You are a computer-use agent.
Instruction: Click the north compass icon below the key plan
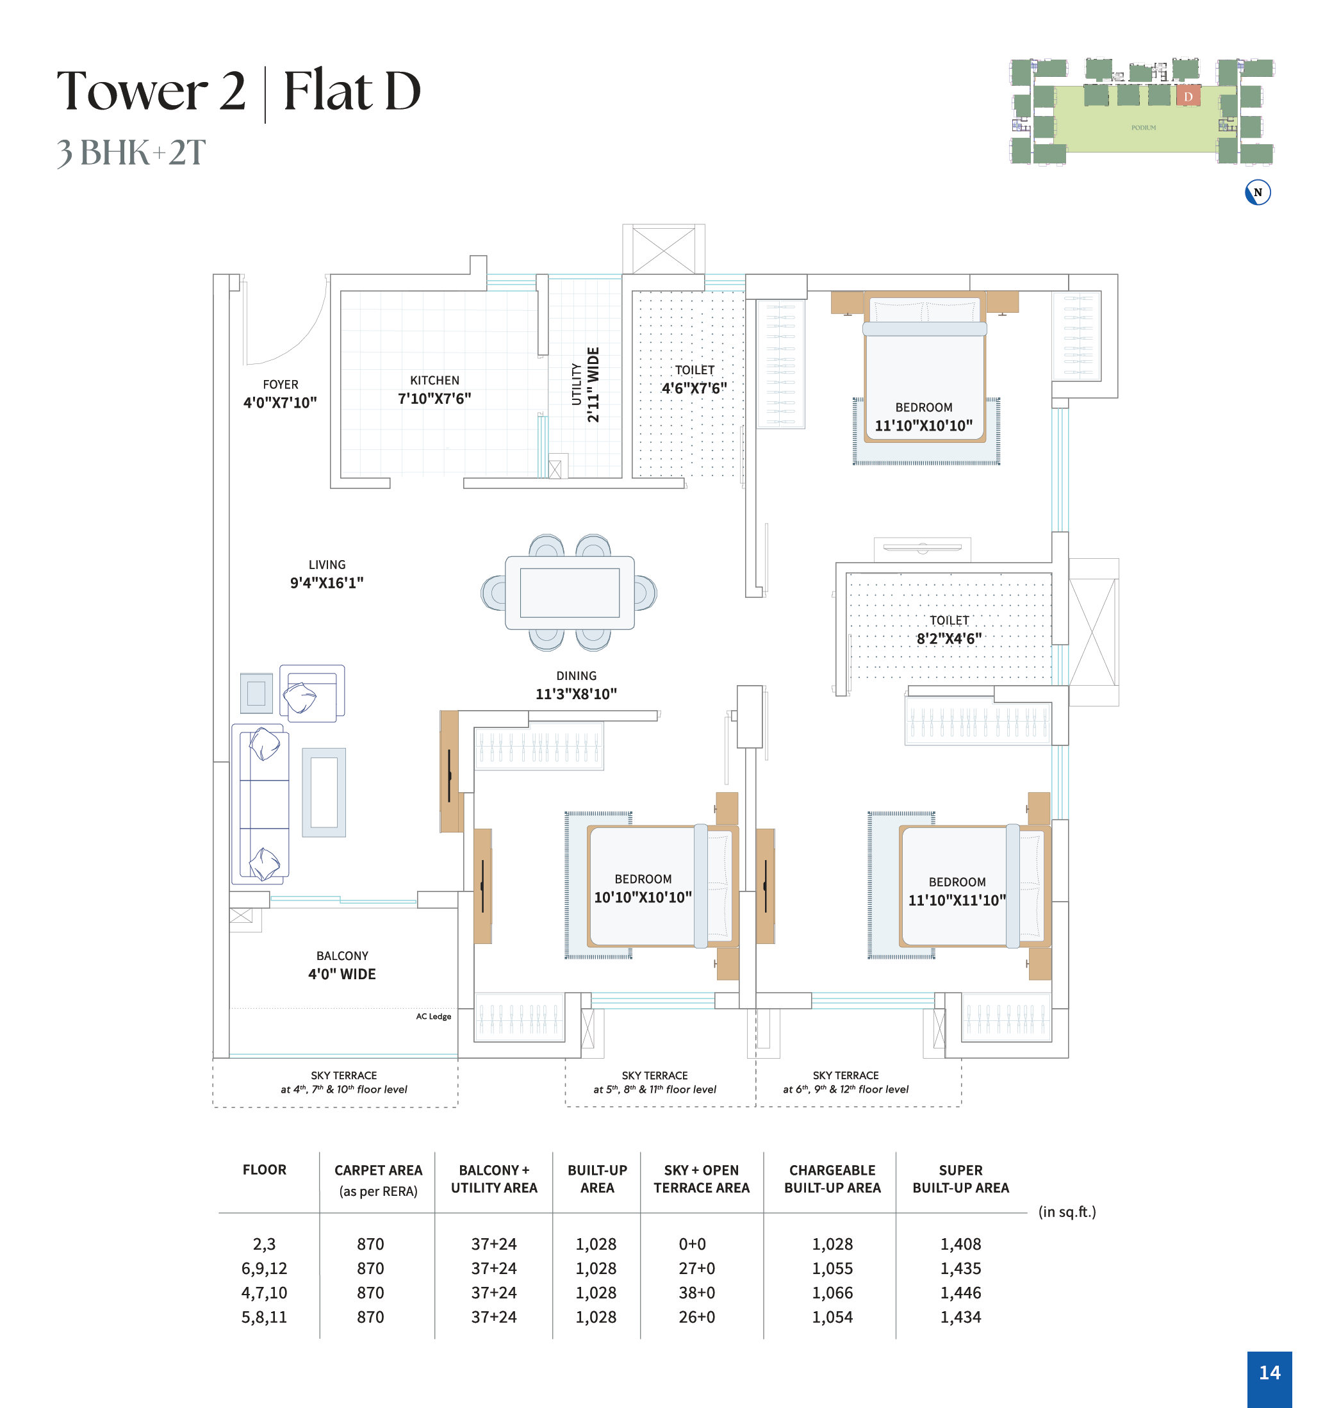(x=1258, y=192)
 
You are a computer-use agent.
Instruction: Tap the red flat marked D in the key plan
(x=1188, y=96)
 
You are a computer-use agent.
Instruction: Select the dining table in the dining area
(x=570, y=593)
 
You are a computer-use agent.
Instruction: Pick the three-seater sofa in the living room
(x=260, y=804)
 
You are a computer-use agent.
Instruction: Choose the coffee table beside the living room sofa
(x=324, y=792)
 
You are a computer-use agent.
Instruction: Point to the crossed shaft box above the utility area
(x=664, y=249)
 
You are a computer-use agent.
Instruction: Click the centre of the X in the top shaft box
(x=664, y=250)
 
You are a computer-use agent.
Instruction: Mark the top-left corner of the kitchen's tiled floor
(x=341, y=291)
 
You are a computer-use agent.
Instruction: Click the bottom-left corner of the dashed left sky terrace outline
(x=213, y=1107)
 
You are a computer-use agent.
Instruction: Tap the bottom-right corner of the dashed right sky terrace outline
(x=962, y=1106)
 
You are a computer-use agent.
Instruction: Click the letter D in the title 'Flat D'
(x=402, y=91)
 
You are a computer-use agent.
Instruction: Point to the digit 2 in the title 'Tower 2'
(x=232, y=91)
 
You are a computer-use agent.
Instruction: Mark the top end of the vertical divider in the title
(x=265, y=67)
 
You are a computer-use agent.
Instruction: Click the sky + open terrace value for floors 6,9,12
(x=696, y=1269)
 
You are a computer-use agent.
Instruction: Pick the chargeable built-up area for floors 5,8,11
(x=832, y=1317)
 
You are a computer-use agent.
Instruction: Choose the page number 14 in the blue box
(x=1269, y=1373)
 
